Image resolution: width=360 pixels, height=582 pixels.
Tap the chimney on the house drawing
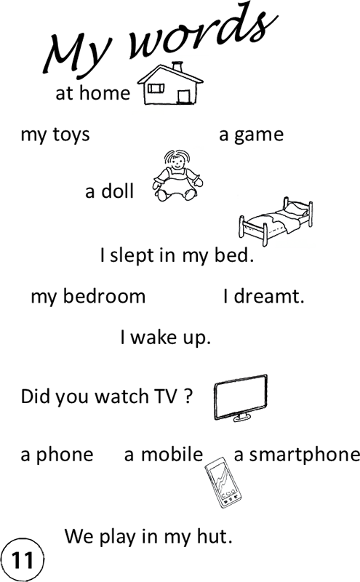coord(177,67)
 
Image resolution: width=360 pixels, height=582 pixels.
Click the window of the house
coord(156,88)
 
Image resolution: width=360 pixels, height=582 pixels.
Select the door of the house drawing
coord(184,97)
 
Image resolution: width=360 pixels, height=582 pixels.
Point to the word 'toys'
coord(71,135)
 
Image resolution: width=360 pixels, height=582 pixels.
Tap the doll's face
coord(177,162)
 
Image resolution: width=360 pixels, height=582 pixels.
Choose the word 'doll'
coord(117,191)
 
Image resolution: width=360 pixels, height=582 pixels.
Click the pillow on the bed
coord(295,210)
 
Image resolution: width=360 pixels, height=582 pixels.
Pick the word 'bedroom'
coord(104,296)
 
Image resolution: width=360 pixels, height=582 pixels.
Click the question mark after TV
coord(188,396)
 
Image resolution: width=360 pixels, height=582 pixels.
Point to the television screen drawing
coord(241,396)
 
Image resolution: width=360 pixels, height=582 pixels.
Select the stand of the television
coord(242,418)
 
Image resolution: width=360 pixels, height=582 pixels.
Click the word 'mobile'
coord(172,454)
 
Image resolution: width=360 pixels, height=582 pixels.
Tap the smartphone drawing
coord(223,482)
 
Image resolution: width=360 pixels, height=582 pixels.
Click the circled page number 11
coord(23,559)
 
